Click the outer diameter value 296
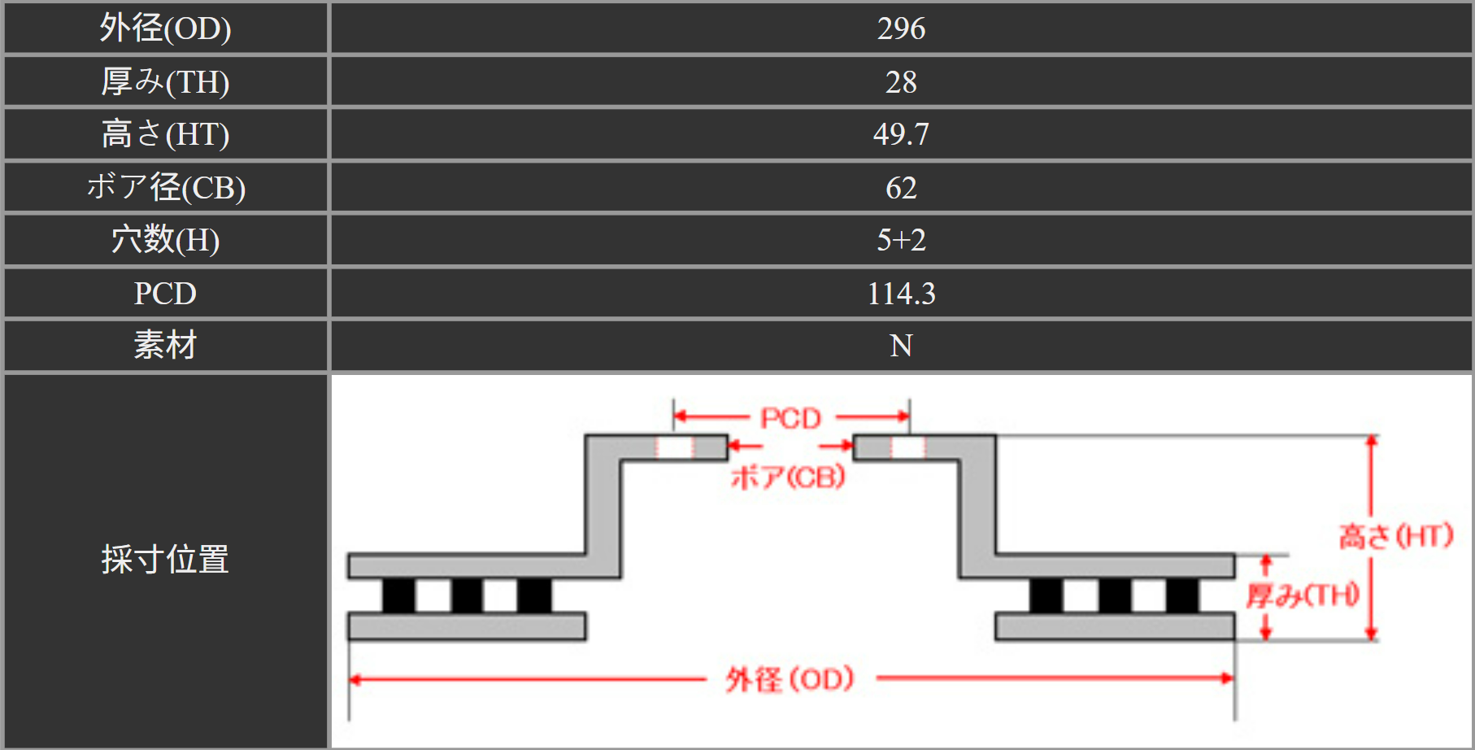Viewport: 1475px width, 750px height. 901,28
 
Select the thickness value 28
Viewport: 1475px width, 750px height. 901,81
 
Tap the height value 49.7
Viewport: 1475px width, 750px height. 901,133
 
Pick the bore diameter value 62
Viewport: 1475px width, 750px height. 901,187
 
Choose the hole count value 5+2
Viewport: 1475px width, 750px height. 901,239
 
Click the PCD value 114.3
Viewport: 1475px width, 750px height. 901,293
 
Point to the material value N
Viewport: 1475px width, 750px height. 901,345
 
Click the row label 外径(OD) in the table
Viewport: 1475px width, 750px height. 165,28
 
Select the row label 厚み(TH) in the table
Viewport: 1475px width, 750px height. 165,81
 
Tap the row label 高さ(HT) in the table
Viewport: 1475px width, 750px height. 165,133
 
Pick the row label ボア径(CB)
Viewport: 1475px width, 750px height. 165,187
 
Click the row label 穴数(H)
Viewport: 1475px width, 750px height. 165,239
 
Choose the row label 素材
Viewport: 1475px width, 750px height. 165,345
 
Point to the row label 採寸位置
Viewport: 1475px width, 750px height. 165,560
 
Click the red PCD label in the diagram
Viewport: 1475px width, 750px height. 790,418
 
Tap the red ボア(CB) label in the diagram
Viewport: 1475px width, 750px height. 788,477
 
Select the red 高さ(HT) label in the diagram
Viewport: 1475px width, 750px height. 1396,536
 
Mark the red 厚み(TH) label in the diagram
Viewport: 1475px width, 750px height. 1303,595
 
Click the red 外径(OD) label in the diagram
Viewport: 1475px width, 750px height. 790,679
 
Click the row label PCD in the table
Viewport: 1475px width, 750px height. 165,293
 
